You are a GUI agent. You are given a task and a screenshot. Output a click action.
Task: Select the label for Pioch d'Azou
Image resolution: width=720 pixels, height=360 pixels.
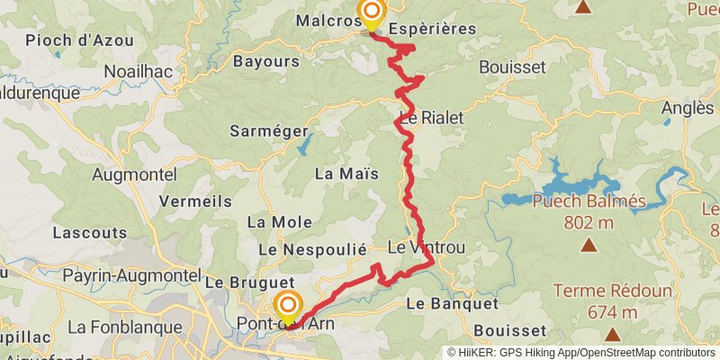click(79, 40)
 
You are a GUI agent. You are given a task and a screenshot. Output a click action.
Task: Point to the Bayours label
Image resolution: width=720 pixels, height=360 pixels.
click(265, 62)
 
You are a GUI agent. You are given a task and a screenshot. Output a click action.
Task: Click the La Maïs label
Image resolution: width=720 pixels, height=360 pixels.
click(346, 173)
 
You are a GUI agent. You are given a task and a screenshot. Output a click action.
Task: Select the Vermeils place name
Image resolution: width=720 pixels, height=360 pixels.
click(194, 202)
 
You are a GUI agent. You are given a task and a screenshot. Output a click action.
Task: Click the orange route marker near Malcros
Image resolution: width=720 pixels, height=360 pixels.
click(370, 13)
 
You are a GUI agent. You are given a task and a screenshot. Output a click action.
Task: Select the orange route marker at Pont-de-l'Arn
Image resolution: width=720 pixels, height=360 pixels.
click(289, 306)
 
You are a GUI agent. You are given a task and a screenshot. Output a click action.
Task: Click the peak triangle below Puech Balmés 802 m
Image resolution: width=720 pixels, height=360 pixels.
click(589, 245)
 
